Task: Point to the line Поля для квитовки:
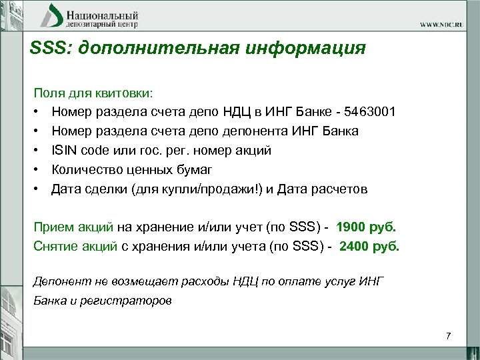[x=93, y=93]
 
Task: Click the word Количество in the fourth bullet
[x=86, y=170]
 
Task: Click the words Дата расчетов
[x=329, y=189]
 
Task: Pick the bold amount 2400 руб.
[x=369, y=246]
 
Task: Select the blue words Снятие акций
[x=75, y=246]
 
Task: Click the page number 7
[x=449, y=335]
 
